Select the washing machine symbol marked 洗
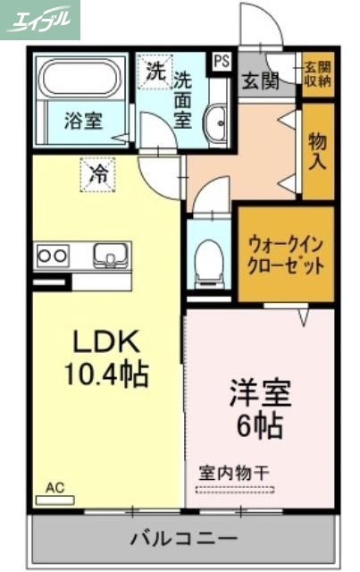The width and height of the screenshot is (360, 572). [x=155, y=72]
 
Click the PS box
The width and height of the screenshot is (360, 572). [x=221, y=61]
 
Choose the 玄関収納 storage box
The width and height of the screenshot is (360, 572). [x=317, y=73]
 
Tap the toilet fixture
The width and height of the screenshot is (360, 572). [x=208, y=258]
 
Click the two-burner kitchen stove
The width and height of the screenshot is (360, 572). [x=52, y=256]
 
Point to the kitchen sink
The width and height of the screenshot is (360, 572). [x=110, y=254]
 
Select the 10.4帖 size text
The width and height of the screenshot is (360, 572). [x=105, y=373]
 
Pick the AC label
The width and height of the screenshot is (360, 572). [x=55, y=488]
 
